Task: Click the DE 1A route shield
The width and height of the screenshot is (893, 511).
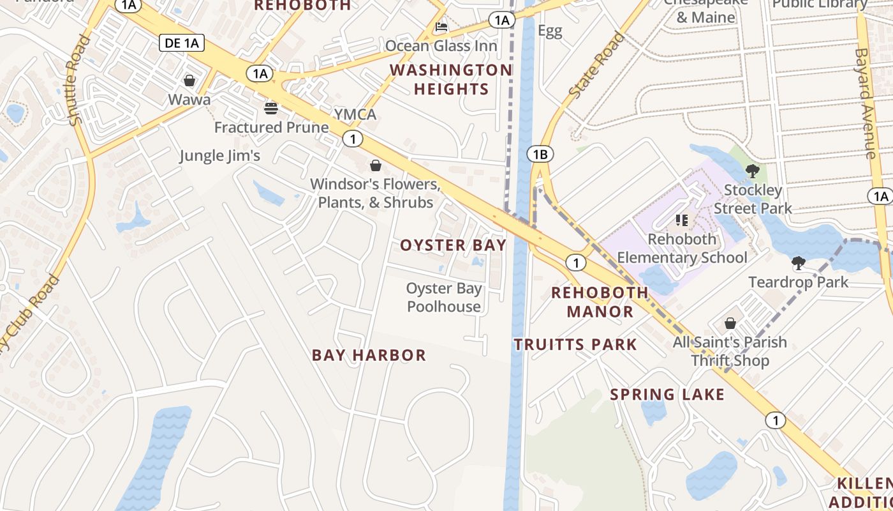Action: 181,43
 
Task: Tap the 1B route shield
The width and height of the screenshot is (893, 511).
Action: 540,154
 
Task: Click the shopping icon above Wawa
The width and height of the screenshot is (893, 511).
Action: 189,80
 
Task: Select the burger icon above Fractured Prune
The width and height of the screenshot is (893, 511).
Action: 271,108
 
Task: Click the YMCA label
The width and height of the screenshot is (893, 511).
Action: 355,114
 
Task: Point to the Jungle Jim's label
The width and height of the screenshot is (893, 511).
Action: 220,155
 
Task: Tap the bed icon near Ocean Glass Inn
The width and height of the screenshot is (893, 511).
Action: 441,27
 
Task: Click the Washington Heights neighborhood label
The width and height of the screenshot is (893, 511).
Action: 451,79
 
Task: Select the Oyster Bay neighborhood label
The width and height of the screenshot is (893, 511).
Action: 453,245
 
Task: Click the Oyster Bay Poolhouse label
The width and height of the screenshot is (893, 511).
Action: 444,298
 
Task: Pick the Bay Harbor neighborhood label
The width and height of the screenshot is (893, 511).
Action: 369,355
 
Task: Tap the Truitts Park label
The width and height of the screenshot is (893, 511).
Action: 575,345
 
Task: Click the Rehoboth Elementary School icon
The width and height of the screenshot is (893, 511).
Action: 682,220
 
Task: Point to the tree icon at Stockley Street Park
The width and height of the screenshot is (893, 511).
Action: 753,171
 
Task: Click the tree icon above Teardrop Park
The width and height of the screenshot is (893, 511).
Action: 798,263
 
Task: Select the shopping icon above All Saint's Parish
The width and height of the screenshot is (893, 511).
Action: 730,324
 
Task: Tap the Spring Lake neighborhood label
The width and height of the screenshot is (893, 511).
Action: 667,395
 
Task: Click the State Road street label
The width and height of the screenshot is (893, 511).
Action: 596,66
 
